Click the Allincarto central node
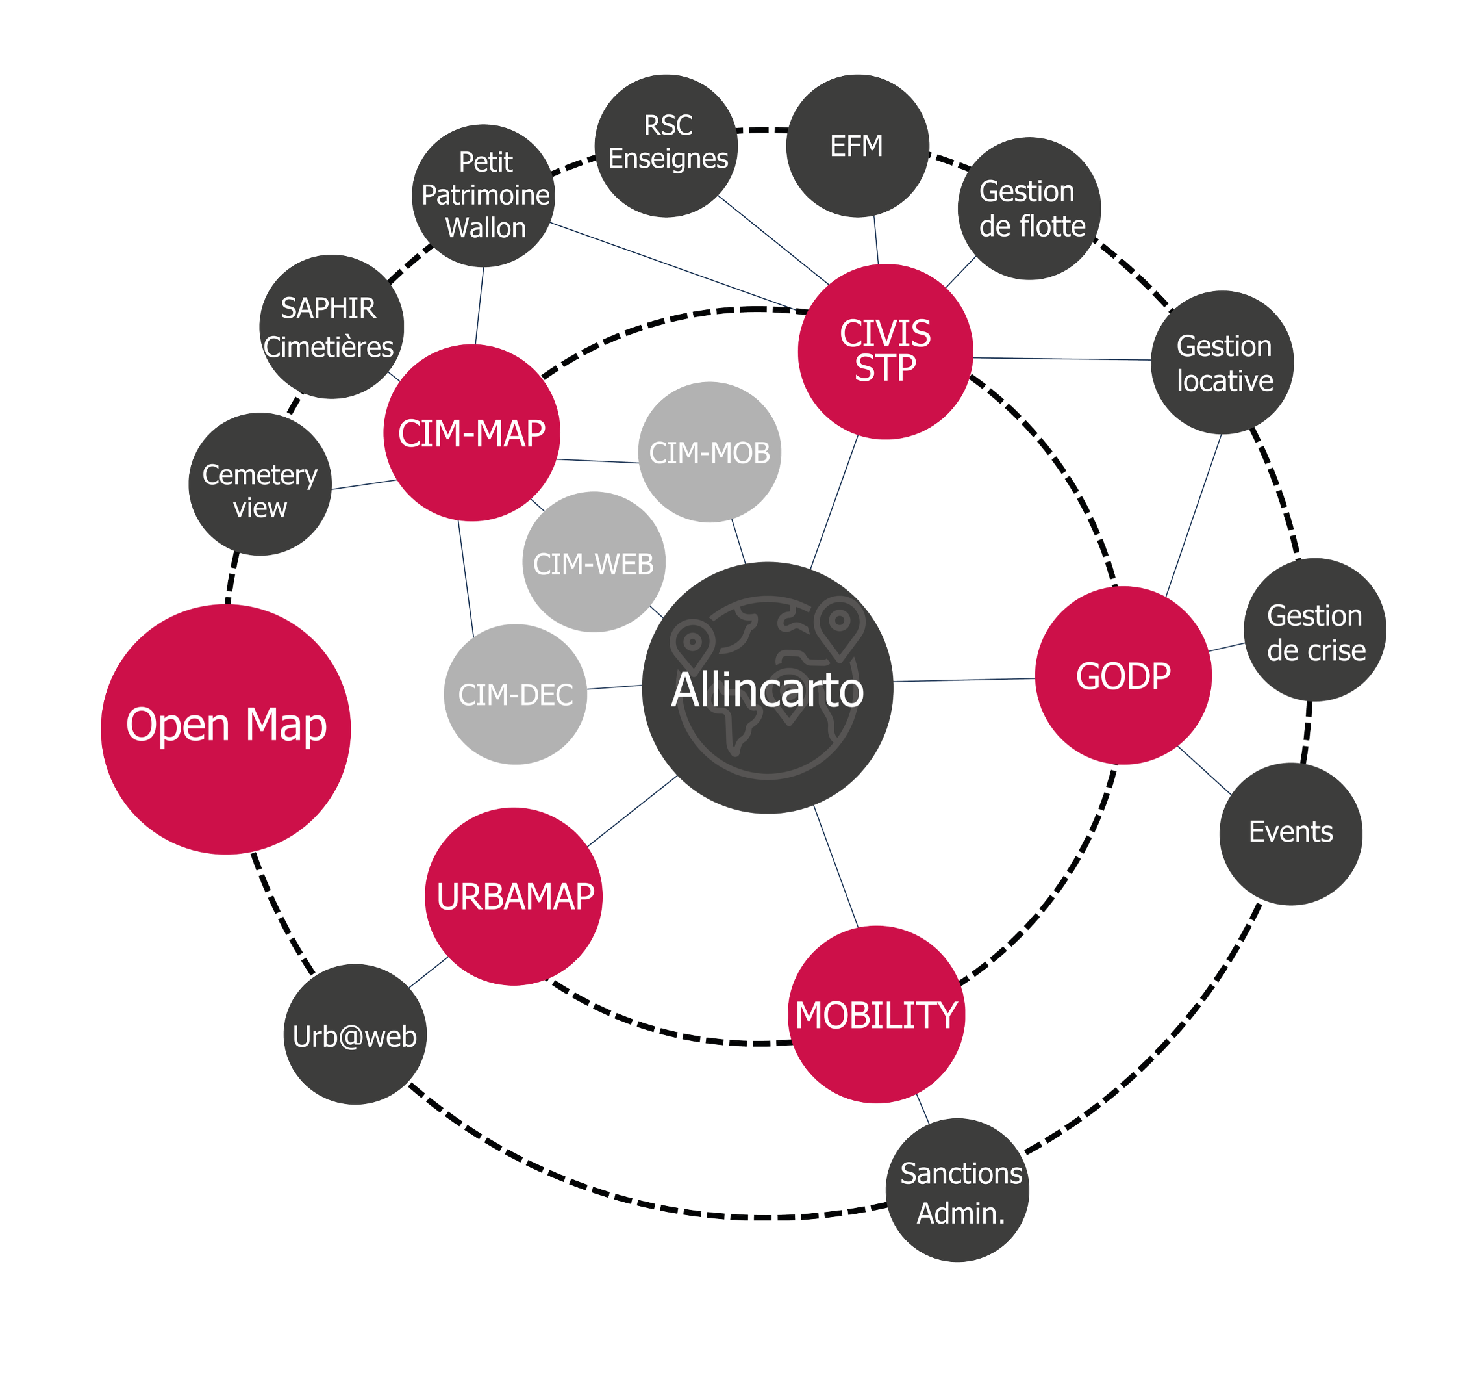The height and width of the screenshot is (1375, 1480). tap(768, 688)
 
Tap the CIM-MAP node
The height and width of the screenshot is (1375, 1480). tap(471, 433)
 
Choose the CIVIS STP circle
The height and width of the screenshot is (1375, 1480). tap(885, 351)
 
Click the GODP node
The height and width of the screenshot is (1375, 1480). tap(1123, 676)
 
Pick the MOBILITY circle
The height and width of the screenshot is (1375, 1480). tap(876, 1015)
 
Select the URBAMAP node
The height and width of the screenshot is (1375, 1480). tap(514, 897)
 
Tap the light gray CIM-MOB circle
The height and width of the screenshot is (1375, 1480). tap(710, 452)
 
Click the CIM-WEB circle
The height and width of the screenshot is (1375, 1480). tap(593, 563)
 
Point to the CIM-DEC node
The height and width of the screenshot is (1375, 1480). tap(516, 694)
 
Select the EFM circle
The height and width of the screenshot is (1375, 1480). tap(857, 146)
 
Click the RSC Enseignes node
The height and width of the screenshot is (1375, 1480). tap(667, 144)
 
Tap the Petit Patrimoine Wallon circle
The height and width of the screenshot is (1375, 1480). tap(485, 195)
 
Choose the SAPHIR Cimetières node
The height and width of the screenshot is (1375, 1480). tap(330, 328)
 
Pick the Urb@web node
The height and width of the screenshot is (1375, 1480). tap(355, 1035)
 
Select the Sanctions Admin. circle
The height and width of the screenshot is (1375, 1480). tap(959, 1191)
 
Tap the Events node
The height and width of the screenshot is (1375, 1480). tap(1290, 832)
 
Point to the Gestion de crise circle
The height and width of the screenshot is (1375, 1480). tap(1315, 630)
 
